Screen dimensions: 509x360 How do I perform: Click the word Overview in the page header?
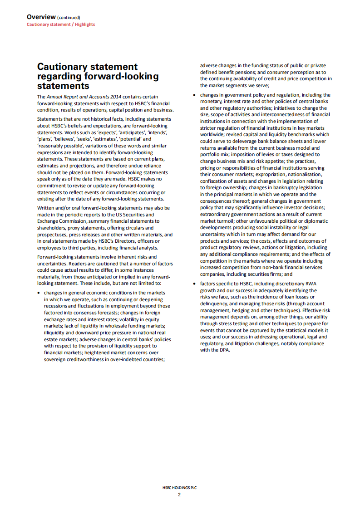(x=41, y=17)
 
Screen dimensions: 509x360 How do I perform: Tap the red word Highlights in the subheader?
(x=85, y=24)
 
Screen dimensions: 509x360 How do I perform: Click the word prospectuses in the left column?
(x=54, y=234)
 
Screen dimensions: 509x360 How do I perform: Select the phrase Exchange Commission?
(x=61, y=220)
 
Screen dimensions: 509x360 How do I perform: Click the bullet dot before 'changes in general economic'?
(x=39, y=294)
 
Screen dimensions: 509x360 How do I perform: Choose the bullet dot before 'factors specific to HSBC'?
(x=195, y=284)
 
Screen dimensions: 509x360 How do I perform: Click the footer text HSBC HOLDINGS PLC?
(x=180, y=488)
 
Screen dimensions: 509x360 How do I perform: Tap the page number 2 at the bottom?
(x=179, y=494)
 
